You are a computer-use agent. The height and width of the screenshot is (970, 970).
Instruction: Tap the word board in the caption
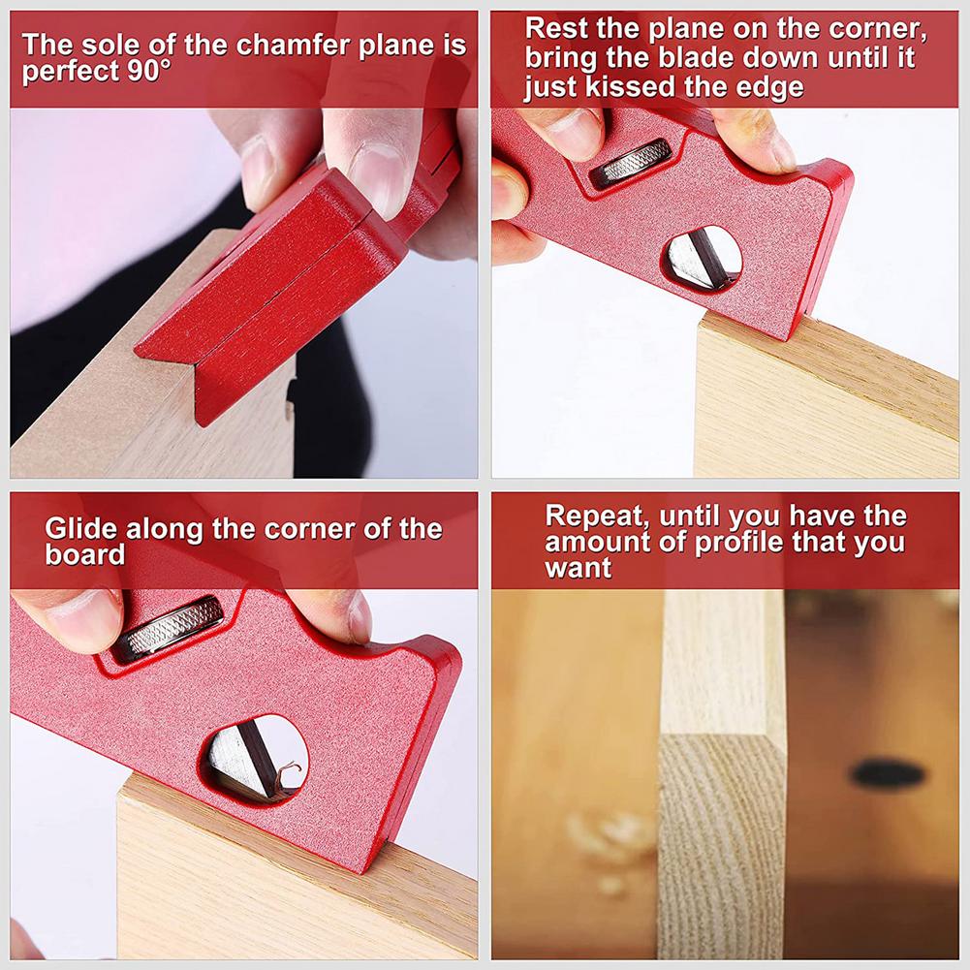[x=85, y=555]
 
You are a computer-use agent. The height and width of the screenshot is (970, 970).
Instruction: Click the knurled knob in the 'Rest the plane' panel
[x=631, y=162]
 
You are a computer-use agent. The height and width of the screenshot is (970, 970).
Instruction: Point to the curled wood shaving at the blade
[x=284, y=772]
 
